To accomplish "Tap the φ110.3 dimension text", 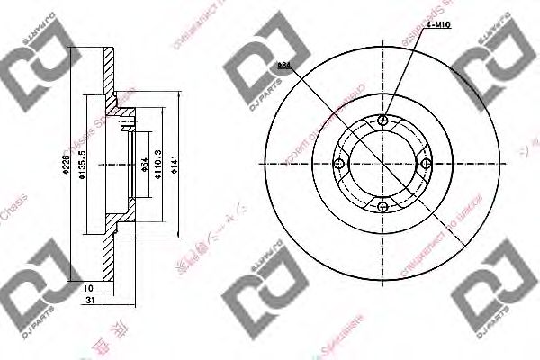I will pos(158,164).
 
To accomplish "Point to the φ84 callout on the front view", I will pos(284,66).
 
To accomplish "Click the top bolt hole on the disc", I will pos(383,121).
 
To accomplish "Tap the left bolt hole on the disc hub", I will pos(339,164).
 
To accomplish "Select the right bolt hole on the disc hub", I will pos(427,164).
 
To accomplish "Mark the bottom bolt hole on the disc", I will pos(383,207).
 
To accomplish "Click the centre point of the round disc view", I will pos(383,164).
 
